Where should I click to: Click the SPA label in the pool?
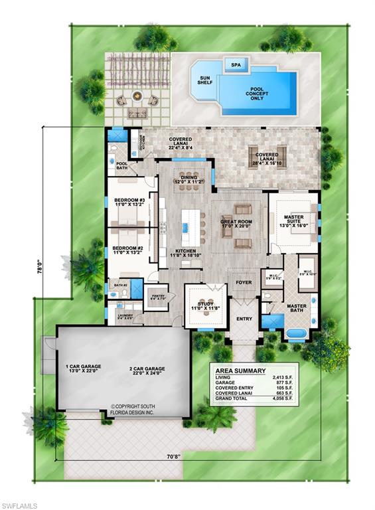click(236, 65)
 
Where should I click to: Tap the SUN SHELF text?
click(205, 81)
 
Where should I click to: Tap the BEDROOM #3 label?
click(129, 203)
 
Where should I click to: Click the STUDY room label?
click(204, 305)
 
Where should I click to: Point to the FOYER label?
click(244, 282)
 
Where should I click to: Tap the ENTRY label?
click(244, 319)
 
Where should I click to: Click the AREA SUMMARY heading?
click(243, 371)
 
